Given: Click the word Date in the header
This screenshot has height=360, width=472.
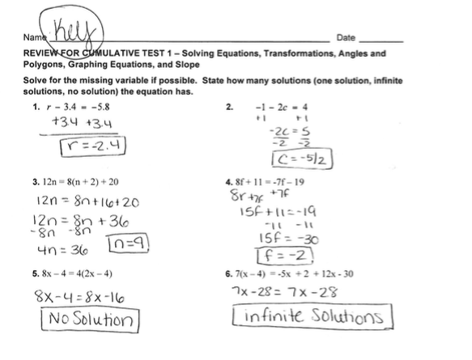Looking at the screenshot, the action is [x=346, y=38].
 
